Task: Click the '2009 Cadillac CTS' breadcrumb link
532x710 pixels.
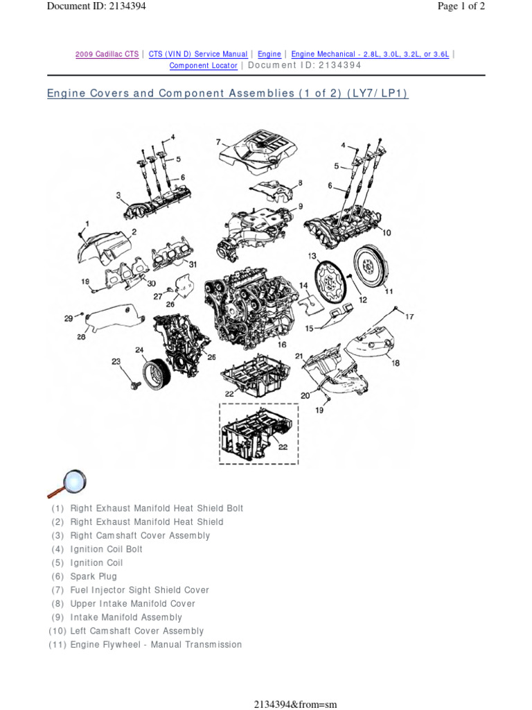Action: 107,54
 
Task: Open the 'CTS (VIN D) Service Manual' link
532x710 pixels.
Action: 198,54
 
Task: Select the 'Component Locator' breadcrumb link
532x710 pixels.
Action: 203,66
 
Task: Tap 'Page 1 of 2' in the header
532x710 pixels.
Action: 460,6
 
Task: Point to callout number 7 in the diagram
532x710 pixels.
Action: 218,141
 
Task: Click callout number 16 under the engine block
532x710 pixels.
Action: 282,345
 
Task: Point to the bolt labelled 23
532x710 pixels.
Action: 134,382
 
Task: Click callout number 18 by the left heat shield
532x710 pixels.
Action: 396,362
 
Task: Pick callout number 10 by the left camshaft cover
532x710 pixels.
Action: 386,233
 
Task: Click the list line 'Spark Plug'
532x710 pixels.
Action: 94,576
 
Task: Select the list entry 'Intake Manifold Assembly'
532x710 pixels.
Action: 126,617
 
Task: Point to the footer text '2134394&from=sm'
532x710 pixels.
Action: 295,704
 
